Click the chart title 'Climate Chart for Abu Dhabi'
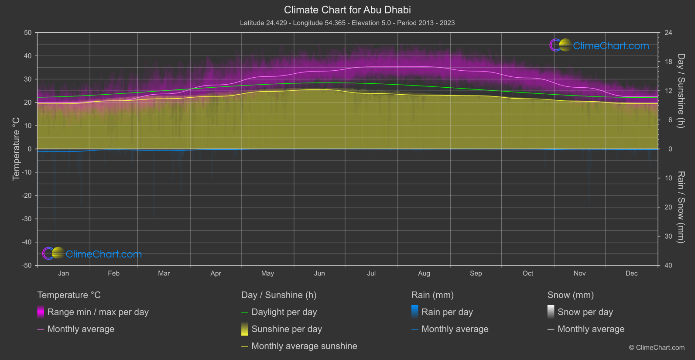347,10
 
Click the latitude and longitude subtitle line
347,23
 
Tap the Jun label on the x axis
319,273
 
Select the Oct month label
527,273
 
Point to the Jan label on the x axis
64,273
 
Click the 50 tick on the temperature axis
28,33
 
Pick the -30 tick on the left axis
27,219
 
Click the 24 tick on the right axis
668,33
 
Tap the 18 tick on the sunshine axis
668,62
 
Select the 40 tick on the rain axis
668,265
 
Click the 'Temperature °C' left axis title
16,149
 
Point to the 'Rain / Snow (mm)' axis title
681,207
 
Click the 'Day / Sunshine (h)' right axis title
681,91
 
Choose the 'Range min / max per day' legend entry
98,312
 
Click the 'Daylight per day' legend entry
284,312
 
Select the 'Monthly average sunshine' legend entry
304,346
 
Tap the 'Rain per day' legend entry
447,312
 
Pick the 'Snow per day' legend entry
585,312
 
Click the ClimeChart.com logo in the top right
599,45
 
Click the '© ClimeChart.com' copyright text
657,347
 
